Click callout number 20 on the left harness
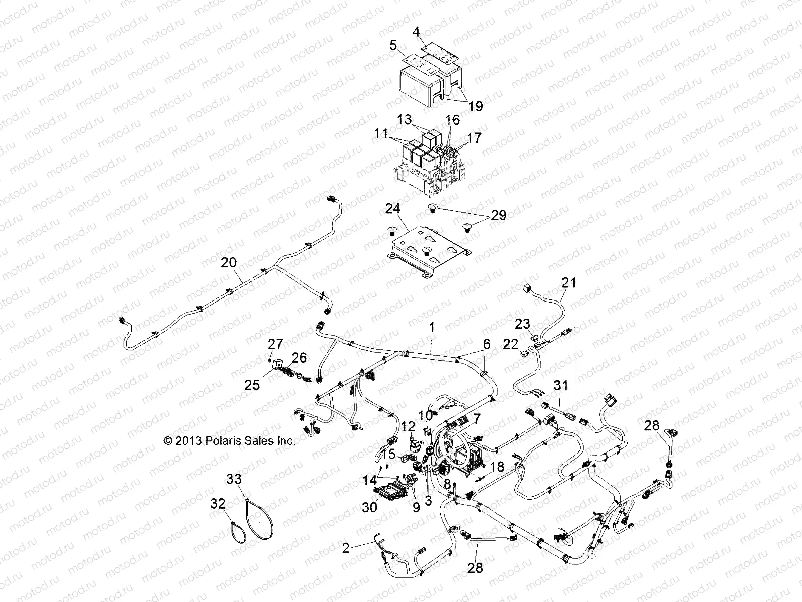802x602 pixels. pyautogui.click(x=228, y=262)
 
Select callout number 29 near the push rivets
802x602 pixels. pyautogui.click(x=498, y=215)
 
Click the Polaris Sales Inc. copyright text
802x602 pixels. pyautogui.click(x=230, y=441)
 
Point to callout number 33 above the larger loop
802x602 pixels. pyautogui.click(x=234, y=481)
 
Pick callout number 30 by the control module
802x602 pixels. pyautogui.click(x=369, y=507)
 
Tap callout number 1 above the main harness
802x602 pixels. pyautogui.click(x=432, y=328)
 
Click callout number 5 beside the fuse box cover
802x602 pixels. pyautogui.click(x=393, y=46)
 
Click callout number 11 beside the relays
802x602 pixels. pyautogui.click(x=380, y=133)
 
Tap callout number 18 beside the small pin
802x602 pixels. pyautogui.click(x=496, y=467)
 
